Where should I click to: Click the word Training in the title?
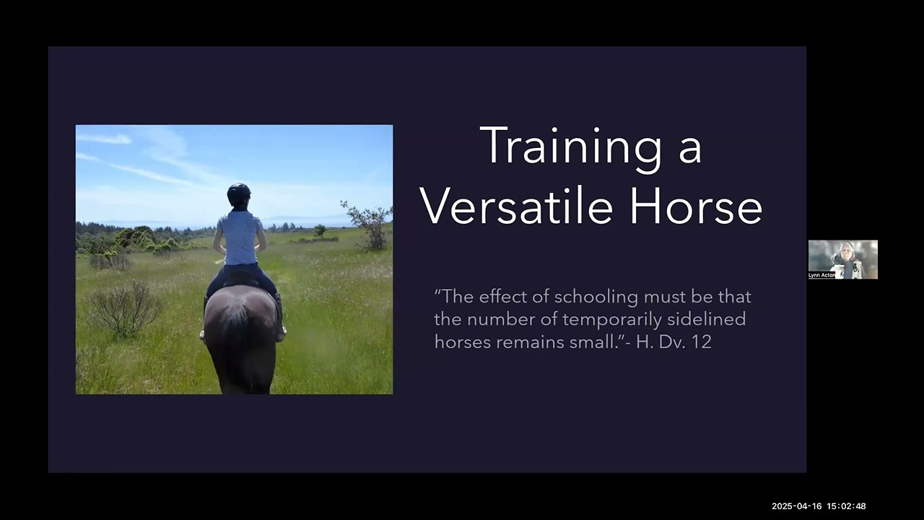570,147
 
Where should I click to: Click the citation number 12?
701,342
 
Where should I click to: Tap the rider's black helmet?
238,194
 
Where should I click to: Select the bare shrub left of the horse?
126,307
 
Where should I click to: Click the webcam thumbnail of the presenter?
842,259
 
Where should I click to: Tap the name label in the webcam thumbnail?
821,275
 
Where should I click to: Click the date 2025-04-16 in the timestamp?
796,506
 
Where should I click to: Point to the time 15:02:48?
846,506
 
